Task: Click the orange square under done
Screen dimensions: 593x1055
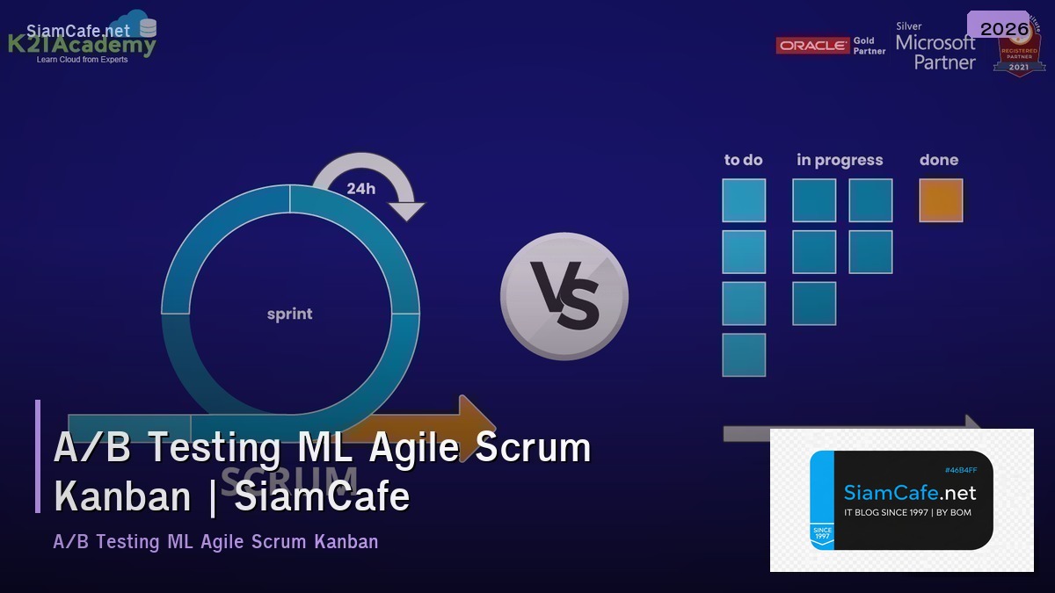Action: (x=941, y=200)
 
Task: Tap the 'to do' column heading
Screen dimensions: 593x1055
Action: (x=743, y=160)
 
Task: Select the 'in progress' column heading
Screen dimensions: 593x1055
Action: (x=840, y=160)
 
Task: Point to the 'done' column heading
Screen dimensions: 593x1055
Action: (x=939, y=160)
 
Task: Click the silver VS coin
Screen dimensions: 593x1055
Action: (x=564, y=296)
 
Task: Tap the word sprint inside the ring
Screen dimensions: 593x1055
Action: (x=289, y=314)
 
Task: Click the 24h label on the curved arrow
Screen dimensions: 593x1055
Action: (x=360, y=188)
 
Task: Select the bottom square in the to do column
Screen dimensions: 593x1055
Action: (x=744, y=355)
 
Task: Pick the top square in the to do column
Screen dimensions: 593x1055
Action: (x=744, y=200)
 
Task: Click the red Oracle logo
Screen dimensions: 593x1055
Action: (x=812, y=46)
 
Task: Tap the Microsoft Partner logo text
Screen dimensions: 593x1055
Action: (x=935, y=52)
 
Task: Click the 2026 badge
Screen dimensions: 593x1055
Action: (x=1004, y=29)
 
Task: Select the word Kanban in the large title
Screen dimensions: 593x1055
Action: (x=122, y=496)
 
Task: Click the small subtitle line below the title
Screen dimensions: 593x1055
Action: (x=215, y=541)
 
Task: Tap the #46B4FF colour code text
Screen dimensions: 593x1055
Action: (x=961, y=470)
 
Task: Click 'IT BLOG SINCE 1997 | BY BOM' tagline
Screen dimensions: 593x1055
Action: (x=907, y=512)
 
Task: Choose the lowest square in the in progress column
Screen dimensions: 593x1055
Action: (x=814, y=304)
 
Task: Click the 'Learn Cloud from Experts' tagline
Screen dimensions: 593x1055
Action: (x=82, y=60)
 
